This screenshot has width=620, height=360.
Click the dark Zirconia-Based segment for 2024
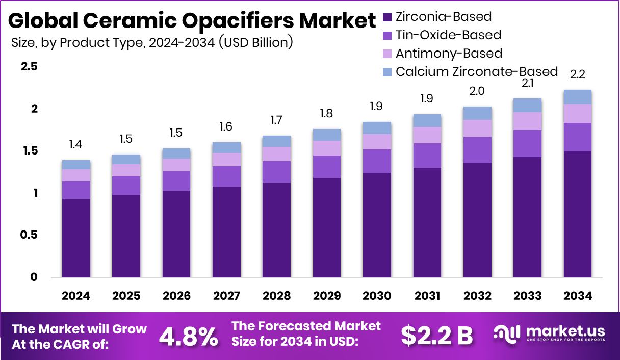click(76, 238)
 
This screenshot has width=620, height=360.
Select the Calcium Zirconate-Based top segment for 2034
click(578, 97)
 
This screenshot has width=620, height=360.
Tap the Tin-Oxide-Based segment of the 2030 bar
click(377, 161)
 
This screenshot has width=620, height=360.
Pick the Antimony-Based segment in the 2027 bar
click(226, 160)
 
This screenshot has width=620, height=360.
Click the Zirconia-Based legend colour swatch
click(387, 17)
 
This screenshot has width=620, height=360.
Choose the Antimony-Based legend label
click(449, 54)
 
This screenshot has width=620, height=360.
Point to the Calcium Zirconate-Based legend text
click(476, 71)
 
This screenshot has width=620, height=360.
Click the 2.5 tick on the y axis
click(29, 67)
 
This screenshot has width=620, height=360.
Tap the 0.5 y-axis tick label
click(29, 235)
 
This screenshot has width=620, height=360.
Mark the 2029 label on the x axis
click(327, 296)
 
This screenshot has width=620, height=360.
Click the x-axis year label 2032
click(478, 296)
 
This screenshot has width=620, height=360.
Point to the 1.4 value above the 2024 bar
click(76, 145)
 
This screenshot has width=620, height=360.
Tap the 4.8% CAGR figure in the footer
click(189, 336)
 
